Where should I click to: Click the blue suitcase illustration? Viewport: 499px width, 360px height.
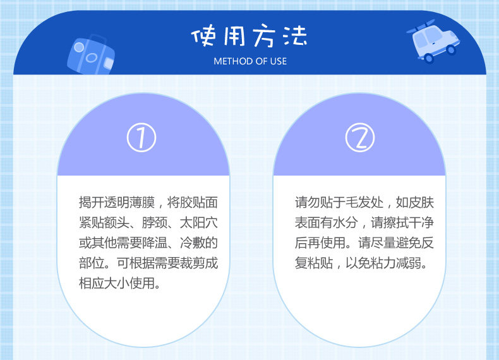(91, 55)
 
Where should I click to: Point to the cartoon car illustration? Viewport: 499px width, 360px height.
(433, 40)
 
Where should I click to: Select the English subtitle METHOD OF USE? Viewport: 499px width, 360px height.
(250, 61)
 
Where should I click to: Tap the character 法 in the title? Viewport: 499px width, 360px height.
(295, 35)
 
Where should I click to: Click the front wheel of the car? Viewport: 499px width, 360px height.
(450, 49)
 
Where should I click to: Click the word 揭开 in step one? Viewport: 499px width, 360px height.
(92, 203)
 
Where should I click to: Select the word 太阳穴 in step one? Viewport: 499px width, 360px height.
(199, 223)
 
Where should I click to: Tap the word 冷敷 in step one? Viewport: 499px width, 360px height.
(193, 243)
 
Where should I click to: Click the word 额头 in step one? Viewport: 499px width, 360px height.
(116, 223)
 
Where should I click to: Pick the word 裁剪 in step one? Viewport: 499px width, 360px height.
(193, 263)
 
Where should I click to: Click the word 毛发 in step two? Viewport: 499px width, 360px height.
(358, 203)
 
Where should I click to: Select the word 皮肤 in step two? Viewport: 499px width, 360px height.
(421, 203)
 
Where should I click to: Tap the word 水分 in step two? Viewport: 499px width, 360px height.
(346, 223)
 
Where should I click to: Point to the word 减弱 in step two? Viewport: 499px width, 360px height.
(408, 263)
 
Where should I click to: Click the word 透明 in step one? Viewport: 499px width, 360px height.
(116, 203)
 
